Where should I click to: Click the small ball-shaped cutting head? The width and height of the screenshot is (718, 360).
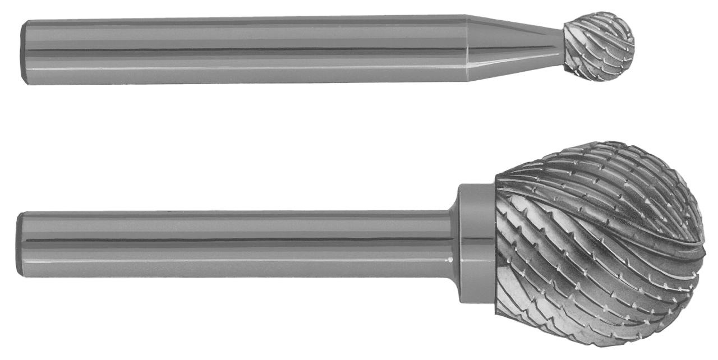pyautogui.click(x=599, y=46)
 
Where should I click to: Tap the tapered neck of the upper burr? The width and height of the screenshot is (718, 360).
pyautogui.click(x=513, y=48)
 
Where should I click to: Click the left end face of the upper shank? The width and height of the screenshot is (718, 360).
pyautogui.click(x=24, y=52)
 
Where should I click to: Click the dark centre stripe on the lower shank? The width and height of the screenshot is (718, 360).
pyautogui.click(x=236, y=241)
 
